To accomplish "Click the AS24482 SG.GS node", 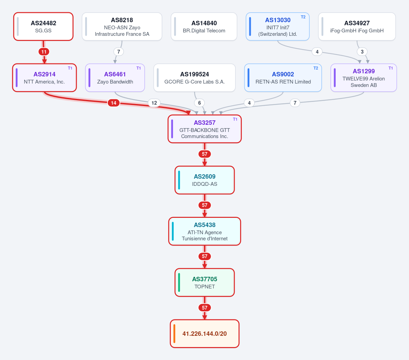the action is click(43, 27).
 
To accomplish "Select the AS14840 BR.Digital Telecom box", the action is click(204, 27).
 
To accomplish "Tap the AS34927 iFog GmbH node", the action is click(357, 27).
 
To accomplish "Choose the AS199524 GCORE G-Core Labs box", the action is click(194, 78).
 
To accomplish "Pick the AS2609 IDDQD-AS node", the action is click(205, 180).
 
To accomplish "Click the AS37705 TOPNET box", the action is click(205, 283).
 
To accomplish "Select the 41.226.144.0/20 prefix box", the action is click(205, 334).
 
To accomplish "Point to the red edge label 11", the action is click(44, 52).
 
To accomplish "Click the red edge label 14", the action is click(114, 103).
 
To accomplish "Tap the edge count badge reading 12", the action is click(154, 103).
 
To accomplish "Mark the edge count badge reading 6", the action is click(199, 103).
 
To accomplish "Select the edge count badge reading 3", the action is click(362, 52).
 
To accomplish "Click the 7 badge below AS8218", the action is click(119, 52).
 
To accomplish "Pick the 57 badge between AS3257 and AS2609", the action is click(205, 154).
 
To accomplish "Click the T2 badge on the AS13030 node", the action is click(303, 17).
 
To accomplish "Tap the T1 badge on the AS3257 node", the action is click(235, 119).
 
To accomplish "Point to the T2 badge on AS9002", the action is click(316, 68).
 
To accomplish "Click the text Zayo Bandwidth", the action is click(115, 82).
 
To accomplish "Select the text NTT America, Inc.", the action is click(44, 82).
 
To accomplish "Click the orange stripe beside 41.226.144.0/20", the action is click(174, 334).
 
